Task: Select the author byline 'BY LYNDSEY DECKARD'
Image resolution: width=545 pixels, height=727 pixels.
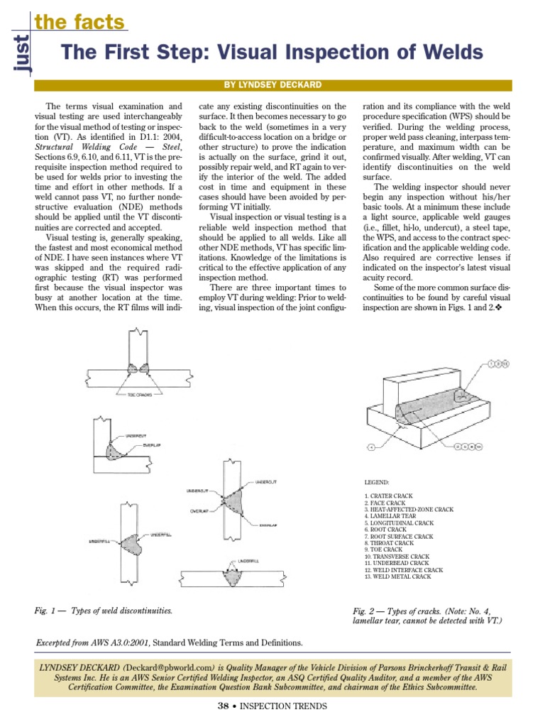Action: pyautogui.click(x=272, y=84)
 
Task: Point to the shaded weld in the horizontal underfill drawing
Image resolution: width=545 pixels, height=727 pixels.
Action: pyautogui.click(x=232, y=576)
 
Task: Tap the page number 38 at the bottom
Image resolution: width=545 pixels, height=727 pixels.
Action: pyautogui.click(x=222, y=706)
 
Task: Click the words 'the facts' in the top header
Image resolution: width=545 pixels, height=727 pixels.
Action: pyautogui.click(x=79, y=23)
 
